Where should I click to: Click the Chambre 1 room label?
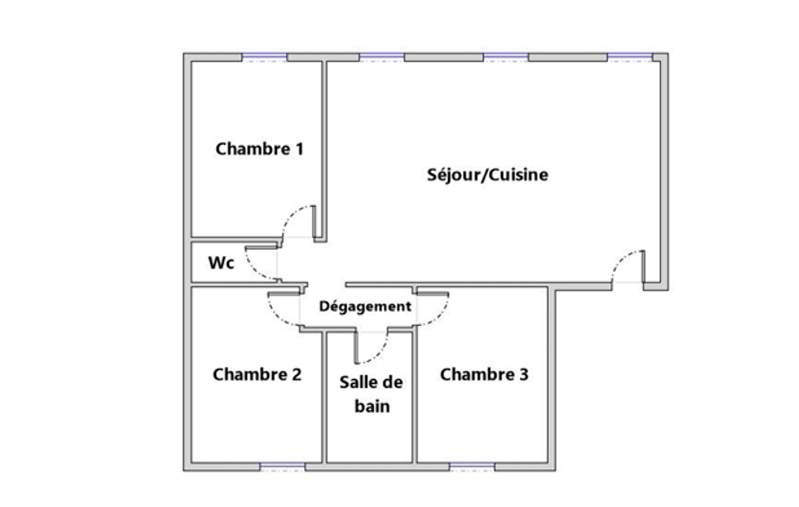click(x=260, y=149)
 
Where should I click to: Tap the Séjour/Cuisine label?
click(x=488, y=175)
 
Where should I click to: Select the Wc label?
click(x=221, y=263)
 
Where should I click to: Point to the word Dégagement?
click(x=366, y=307)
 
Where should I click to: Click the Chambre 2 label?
click(x=257, y=374)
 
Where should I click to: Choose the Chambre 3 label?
click(x=484, y=374)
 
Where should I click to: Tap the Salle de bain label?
click(x=372, y=394)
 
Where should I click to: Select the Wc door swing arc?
click(x=254, y=271)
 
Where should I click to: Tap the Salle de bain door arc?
click(x=378, y=354)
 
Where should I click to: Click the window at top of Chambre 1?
click(x=264, y=57)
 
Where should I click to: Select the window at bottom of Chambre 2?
click(x=283, y=466)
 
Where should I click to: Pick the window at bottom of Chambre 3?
click(x=472, y=466)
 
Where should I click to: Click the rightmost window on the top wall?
click(x=630, y=57)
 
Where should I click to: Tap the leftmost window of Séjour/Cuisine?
click(x=382, y=57)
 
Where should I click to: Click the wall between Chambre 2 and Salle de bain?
click(x=324, y=397)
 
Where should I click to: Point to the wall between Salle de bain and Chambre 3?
click(x=415, y=397)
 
